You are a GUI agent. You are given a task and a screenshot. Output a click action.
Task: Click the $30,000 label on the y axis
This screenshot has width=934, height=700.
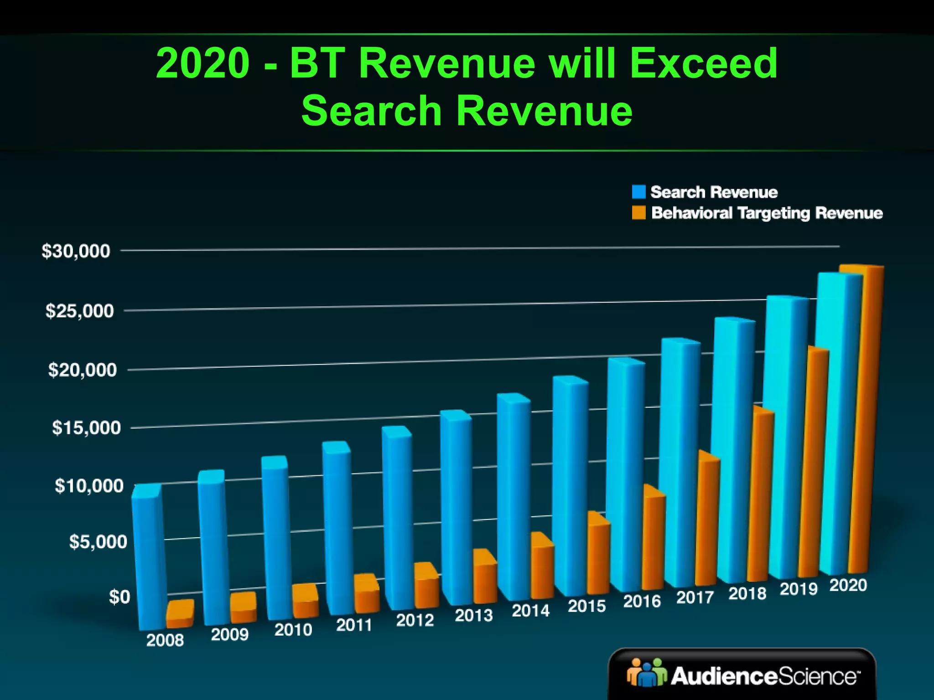click(x=76, y=251)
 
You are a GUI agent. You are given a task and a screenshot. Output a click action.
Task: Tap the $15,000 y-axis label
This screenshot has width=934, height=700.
click(x=86, y=427)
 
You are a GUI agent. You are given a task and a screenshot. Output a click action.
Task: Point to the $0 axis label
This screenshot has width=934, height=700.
click(x=119, y=597)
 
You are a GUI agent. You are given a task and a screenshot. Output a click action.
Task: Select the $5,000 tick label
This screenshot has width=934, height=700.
click(x=98, y=542)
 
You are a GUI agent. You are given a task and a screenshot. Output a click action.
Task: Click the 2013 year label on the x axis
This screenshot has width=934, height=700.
click(x=474, y=616)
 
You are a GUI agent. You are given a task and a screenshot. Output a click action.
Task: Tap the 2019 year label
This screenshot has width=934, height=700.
click(x=799, y=589)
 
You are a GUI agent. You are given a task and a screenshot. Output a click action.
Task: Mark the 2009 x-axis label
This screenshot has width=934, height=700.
click(x=229, y=634)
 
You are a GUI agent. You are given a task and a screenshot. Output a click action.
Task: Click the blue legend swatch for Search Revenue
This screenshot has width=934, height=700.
click(x=638, y=192)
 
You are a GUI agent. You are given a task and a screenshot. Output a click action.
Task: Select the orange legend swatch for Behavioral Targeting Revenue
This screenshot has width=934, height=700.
click(x=638, y=213)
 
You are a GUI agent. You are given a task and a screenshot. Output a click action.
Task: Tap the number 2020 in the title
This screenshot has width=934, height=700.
click(x=203, y=63)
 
